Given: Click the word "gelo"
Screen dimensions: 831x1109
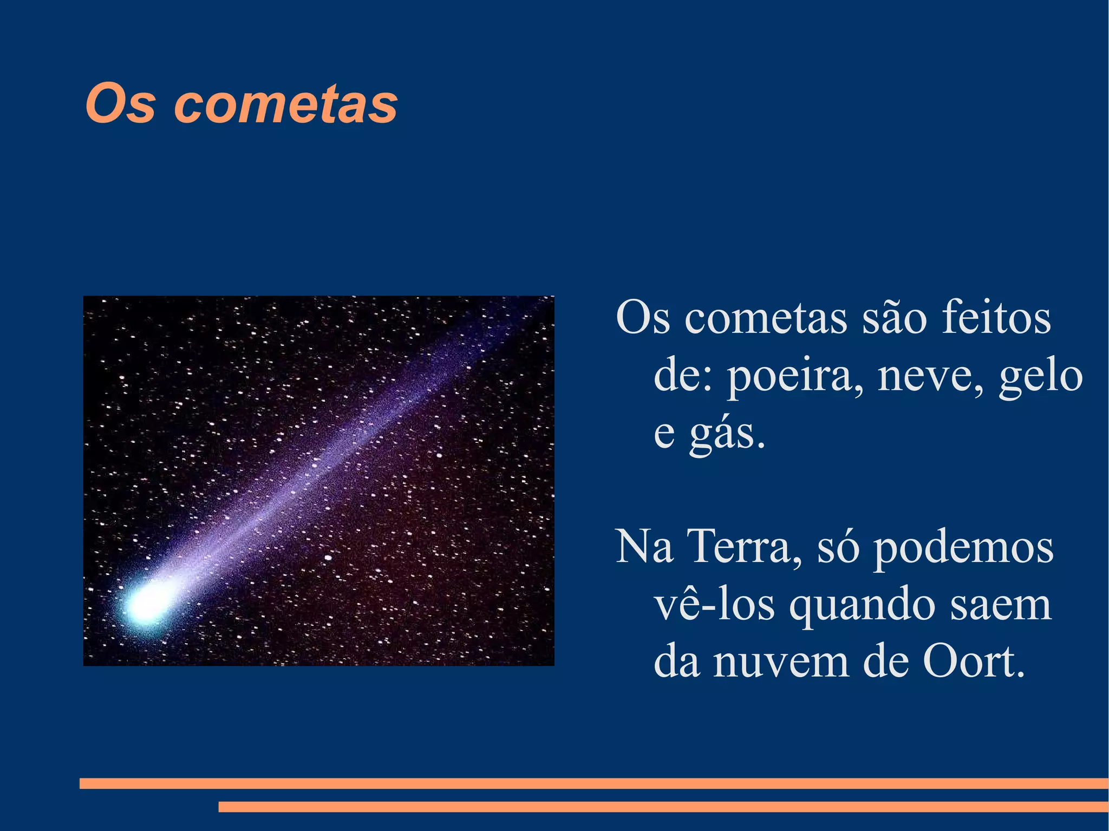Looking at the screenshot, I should point(1041,377).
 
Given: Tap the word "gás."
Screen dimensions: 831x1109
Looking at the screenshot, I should point(727,435).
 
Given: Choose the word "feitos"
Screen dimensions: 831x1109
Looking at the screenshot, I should point(996,318).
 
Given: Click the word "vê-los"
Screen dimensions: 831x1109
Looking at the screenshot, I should point(714,605).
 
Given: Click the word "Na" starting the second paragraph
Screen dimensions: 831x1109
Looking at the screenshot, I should point(644,547).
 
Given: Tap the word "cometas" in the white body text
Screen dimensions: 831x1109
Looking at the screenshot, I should point(766,318).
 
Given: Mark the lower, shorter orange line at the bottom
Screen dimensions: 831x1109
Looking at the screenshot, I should point(663,807).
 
